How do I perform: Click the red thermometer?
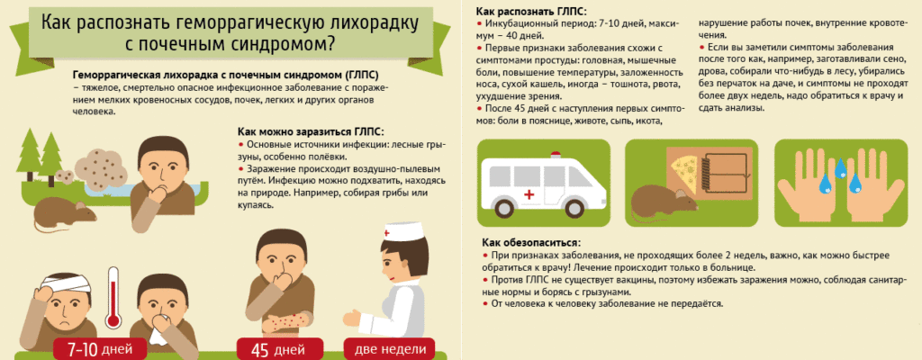click(113, 299)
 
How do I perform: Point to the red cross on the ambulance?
click(529, 194)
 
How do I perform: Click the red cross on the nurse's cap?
click(388, 233)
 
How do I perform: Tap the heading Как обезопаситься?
click(530, 242)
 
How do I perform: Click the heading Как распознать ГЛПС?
click(530, 11)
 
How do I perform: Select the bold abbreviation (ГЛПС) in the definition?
click(357, 76)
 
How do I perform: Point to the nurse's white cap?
click(402, 233)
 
